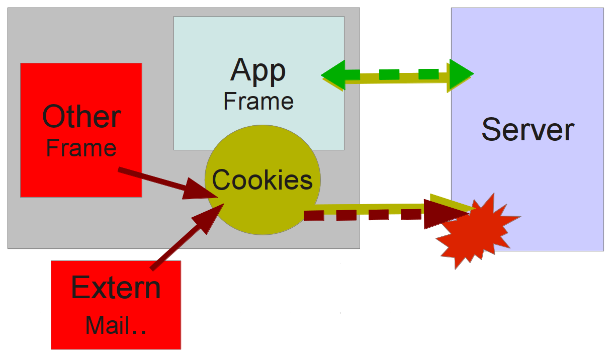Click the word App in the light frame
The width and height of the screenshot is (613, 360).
pyautogui.click(x=258, y=72)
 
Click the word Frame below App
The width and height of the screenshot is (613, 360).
pyautogui.click(x=258, y=101)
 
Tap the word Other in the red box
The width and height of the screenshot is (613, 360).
pyautogui.click(x=81, y=117)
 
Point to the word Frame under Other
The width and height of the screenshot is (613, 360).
pyautogui.click(x=81, y=148)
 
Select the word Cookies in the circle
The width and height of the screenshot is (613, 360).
pyautogui.click(x=262, y=180)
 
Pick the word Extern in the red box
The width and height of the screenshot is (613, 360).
pyautogui.click(x=116, y=288)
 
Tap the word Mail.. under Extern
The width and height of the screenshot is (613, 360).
pyautogui.click(x=116, y=325)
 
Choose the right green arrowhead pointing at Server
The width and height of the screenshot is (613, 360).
pyautogui.click(x=460, y=74)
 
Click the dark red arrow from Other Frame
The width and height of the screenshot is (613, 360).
pyautogui.click(x=151, y=180)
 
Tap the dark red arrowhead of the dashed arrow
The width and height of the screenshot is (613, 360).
pyautogui.click(x=443, y=214)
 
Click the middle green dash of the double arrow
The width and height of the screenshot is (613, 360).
pyautogui.click(x=389, y=75)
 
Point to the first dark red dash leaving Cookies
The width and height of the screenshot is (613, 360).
pyautogui.click(x=313, y=216)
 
